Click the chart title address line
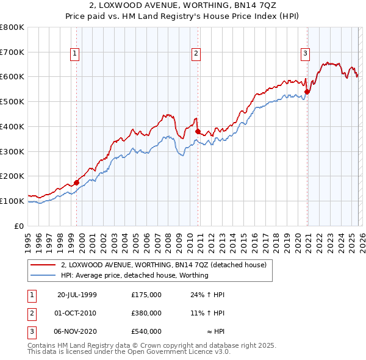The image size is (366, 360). coord(183,6)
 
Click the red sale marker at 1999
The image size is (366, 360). coord(77,182)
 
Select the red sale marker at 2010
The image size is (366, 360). coord(198,131)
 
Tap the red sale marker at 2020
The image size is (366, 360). coord(307,92)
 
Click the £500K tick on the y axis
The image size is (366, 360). coord(12,101)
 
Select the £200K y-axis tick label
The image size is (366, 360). coord(12,176)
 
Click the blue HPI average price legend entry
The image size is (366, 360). coord(134,275)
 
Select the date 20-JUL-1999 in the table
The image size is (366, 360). coord(77,295)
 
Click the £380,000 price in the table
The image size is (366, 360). coord(146,313)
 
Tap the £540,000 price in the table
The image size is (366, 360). coord(146,331)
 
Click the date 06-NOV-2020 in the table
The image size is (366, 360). coord(77,331)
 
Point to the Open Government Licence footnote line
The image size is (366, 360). coord(129,351)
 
